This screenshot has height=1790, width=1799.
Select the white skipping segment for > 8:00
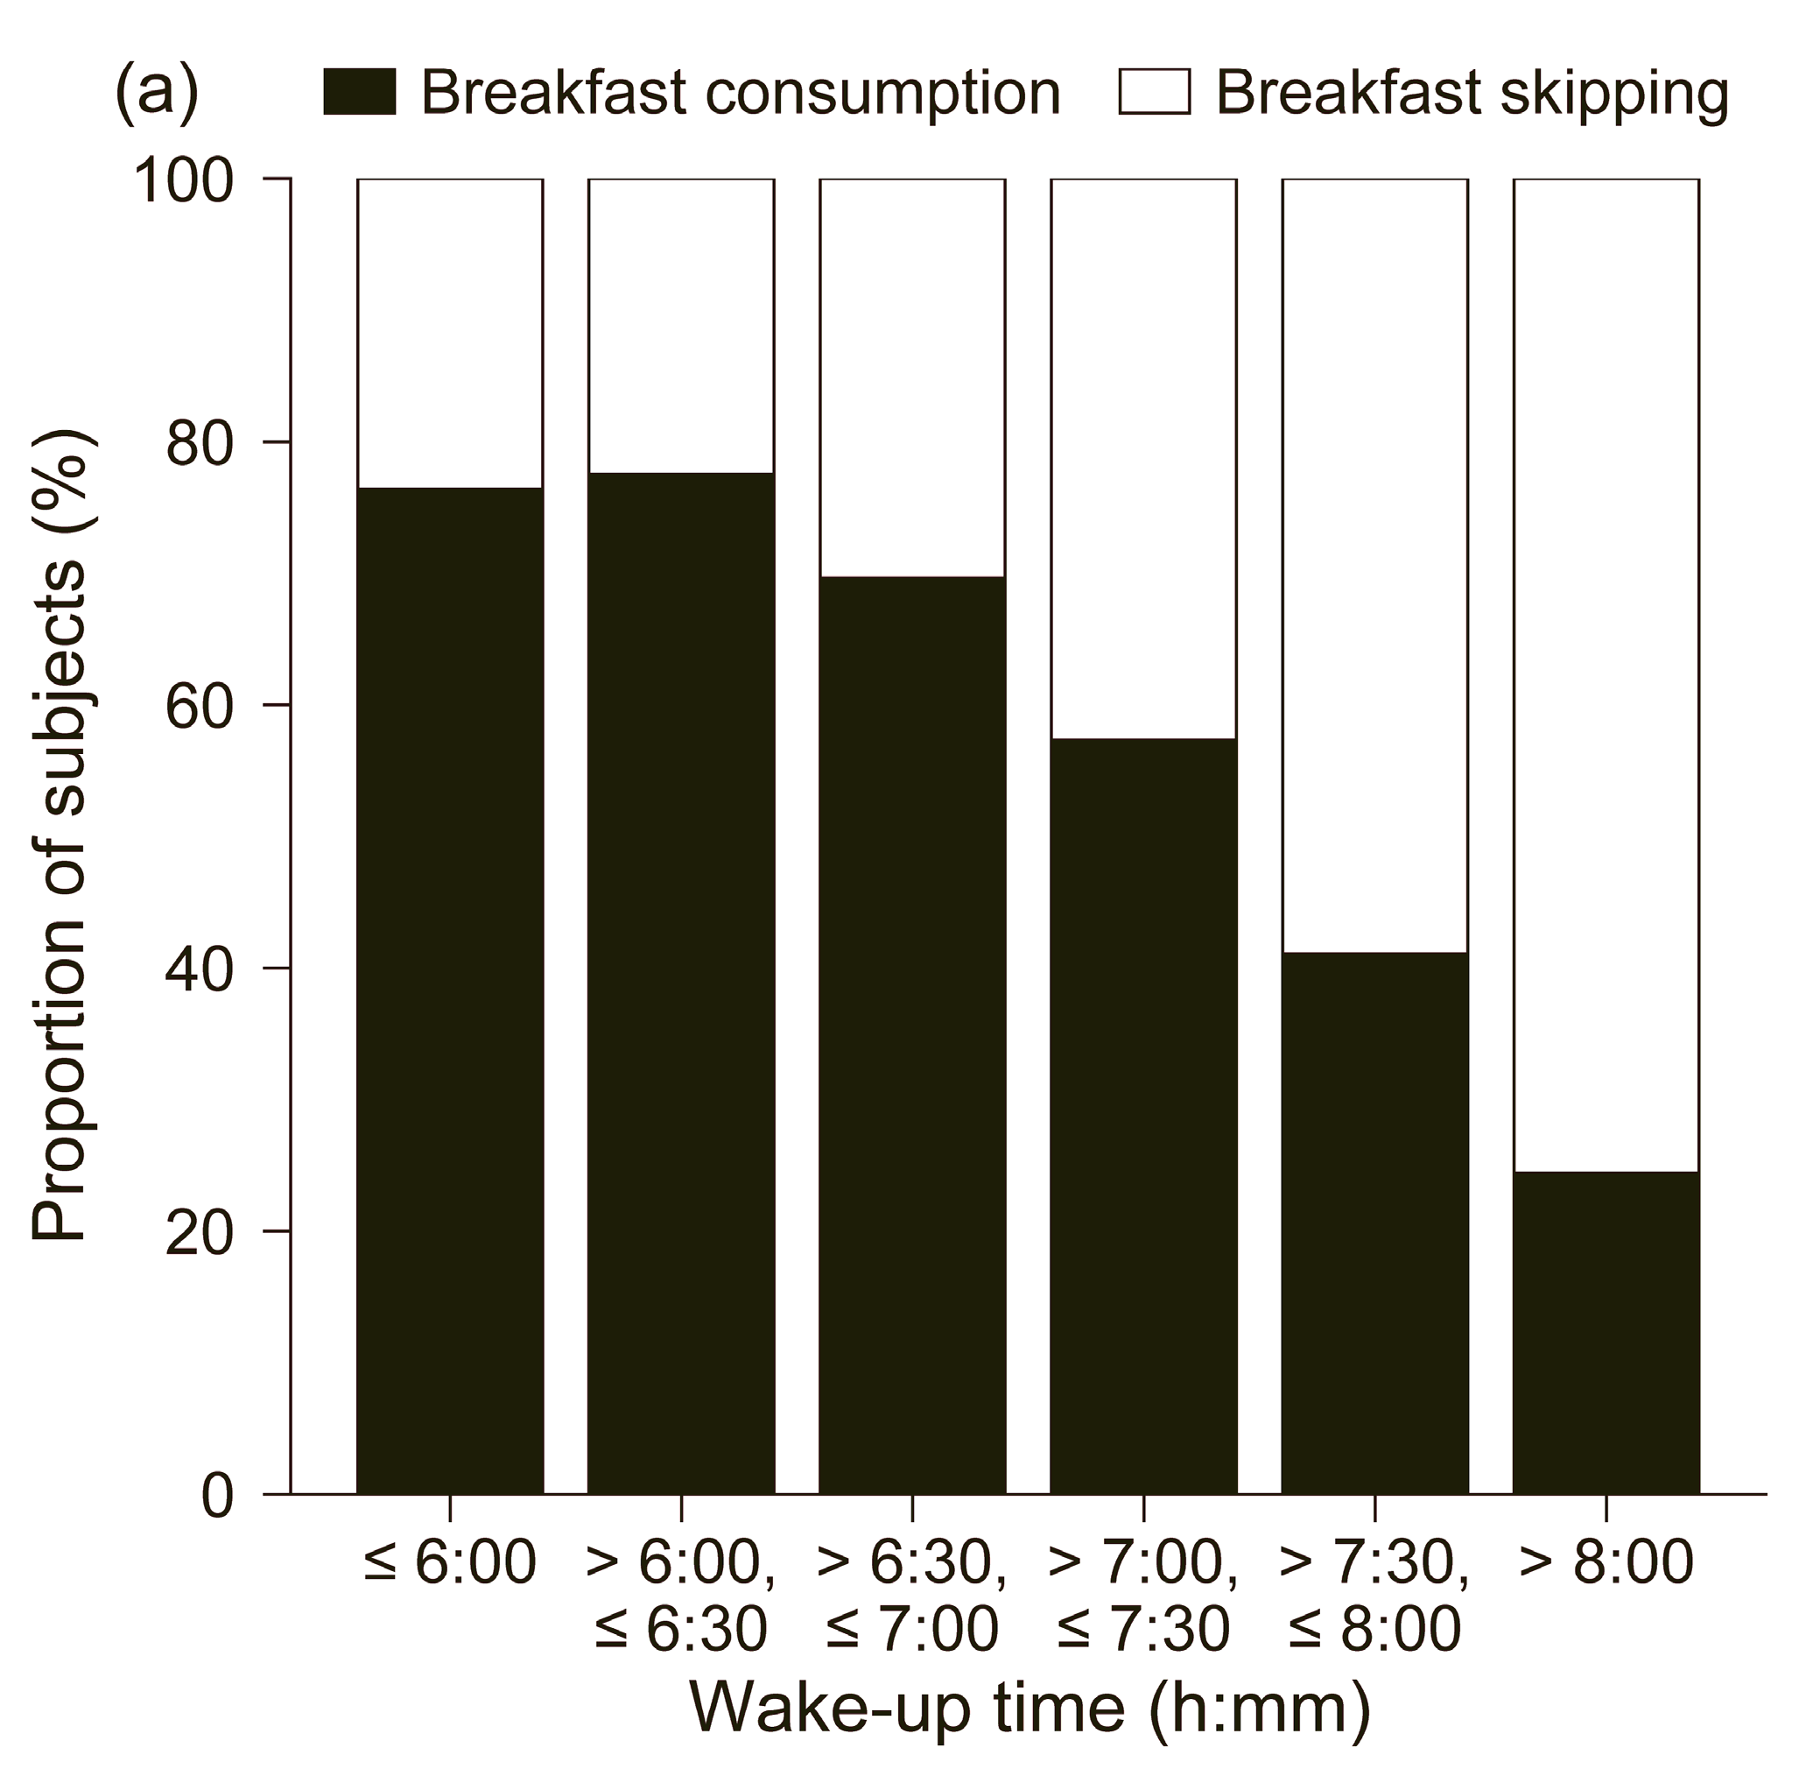pyautogui.click(x=1606, y=675)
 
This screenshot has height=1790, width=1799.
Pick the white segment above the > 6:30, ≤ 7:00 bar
pyautogui.click(x=912, y=377)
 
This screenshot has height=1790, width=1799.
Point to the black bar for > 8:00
pyautogui.click(x=1606, y=1332)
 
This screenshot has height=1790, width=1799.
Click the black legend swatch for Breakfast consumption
pyautogui.click(x=360, y=92)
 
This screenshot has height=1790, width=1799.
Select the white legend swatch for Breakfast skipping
pyautogui.click(x=1155, y=92)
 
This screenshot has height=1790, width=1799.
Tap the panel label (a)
pyautogui.click(x=157, y=92)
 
